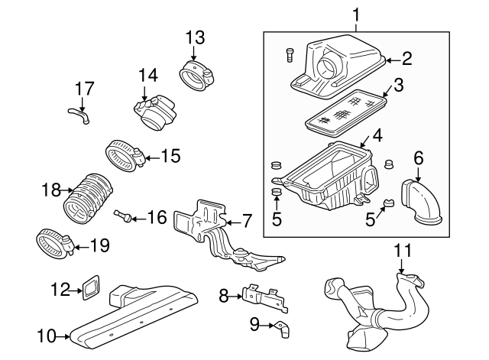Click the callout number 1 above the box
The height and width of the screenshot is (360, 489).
[x=355, y=14]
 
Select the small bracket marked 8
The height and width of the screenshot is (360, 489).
[x=263, y=298]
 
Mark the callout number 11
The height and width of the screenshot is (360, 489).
[x=402, y=249]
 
